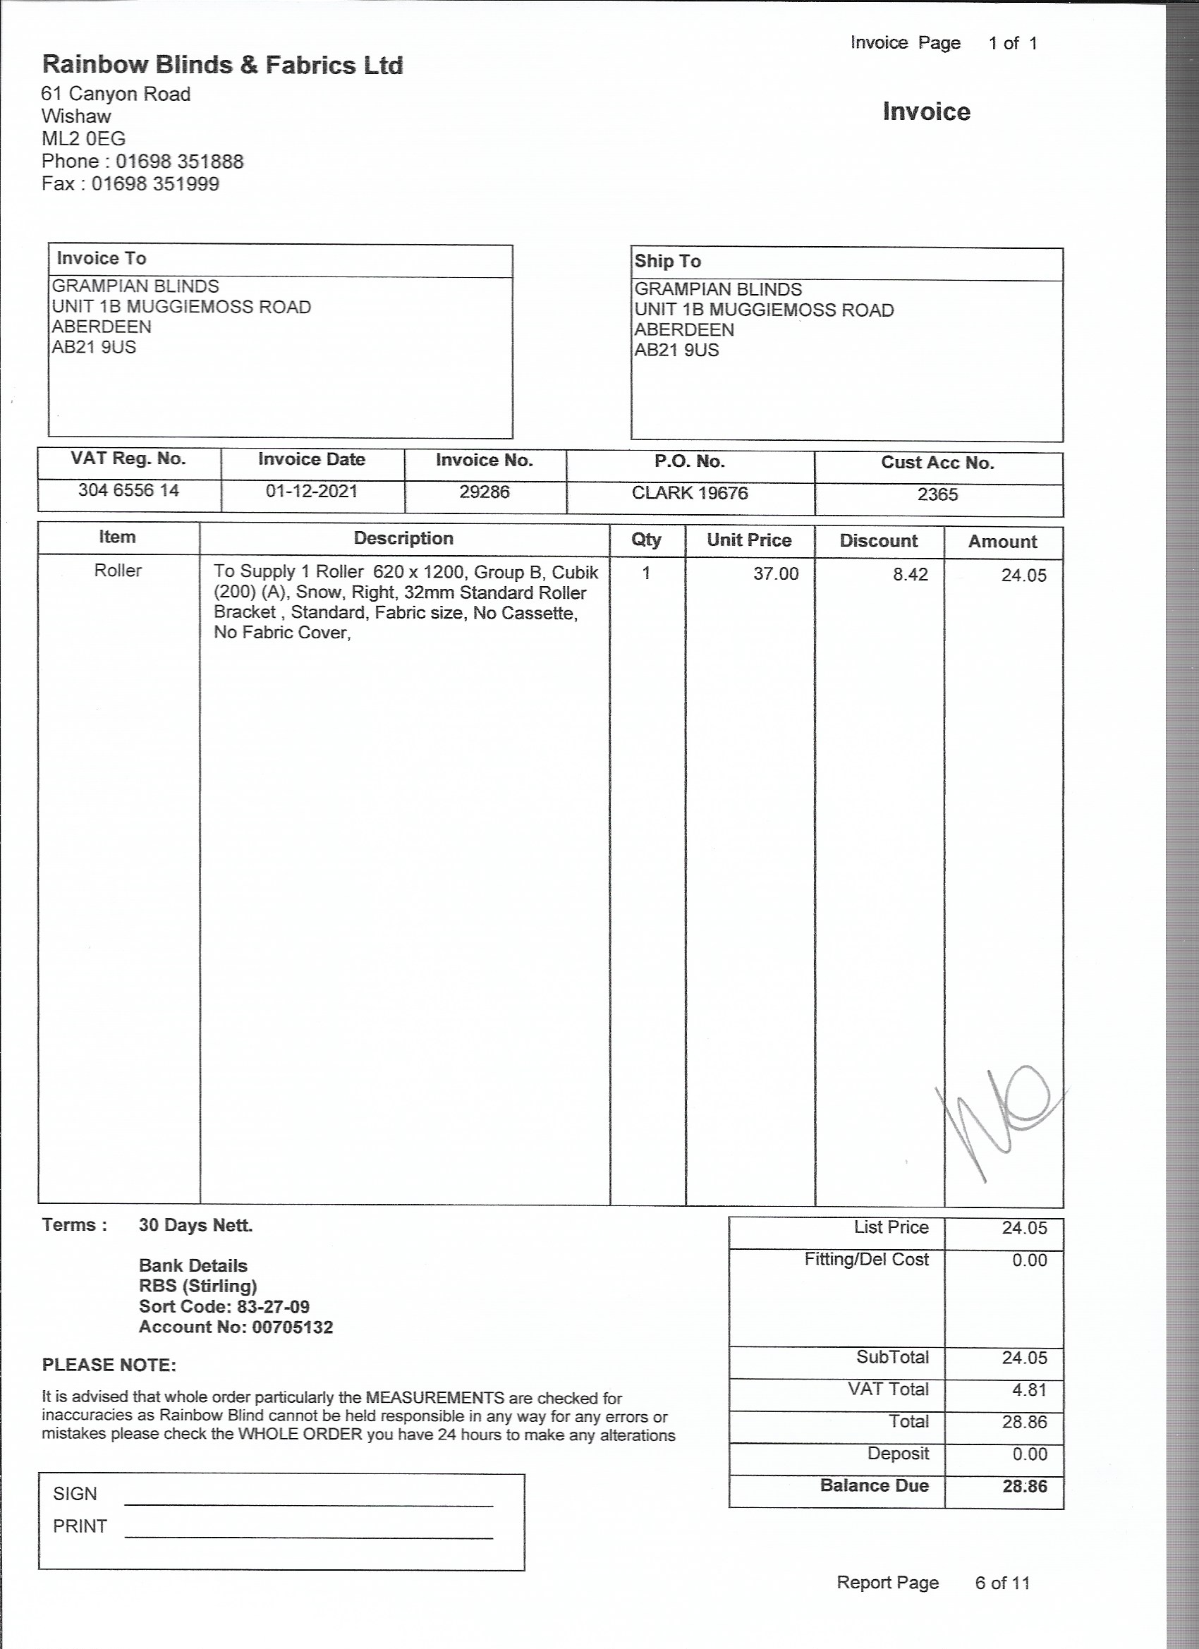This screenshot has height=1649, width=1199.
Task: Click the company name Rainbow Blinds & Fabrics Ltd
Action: (221, 66)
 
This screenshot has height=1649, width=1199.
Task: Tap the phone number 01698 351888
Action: (180, 162)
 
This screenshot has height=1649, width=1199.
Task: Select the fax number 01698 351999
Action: (155, 184)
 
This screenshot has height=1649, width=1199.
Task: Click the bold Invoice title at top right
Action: (925, 111)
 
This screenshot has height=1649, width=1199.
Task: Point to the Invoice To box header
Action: (101, 259)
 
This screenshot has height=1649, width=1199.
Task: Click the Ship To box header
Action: (667, 262)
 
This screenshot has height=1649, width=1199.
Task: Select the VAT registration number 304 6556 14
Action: (128, 491)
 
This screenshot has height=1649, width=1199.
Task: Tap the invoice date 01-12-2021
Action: (311, 492)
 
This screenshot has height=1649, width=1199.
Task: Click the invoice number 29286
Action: (485, 492)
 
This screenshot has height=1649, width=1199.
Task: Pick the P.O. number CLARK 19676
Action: (689, 494)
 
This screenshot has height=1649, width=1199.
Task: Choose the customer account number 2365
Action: (937, 495)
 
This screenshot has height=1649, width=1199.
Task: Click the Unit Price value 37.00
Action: (775, 574)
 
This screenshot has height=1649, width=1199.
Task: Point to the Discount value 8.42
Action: (911, 575)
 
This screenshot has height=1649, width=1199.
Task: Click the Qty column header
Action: (645, 540)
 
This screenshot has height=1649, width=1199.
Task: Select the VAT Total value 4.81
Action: (1029, 1390)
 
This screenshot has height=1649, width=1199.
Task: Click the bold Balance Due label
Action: (874, 1485)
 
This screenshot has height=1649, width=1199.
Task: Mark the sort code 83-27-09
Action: (273, 1306)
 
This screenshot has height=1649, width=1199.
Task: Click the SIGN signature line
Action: (308, 1504)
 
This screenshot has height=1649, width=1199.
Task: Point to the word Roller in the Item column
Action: (118, 571)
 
